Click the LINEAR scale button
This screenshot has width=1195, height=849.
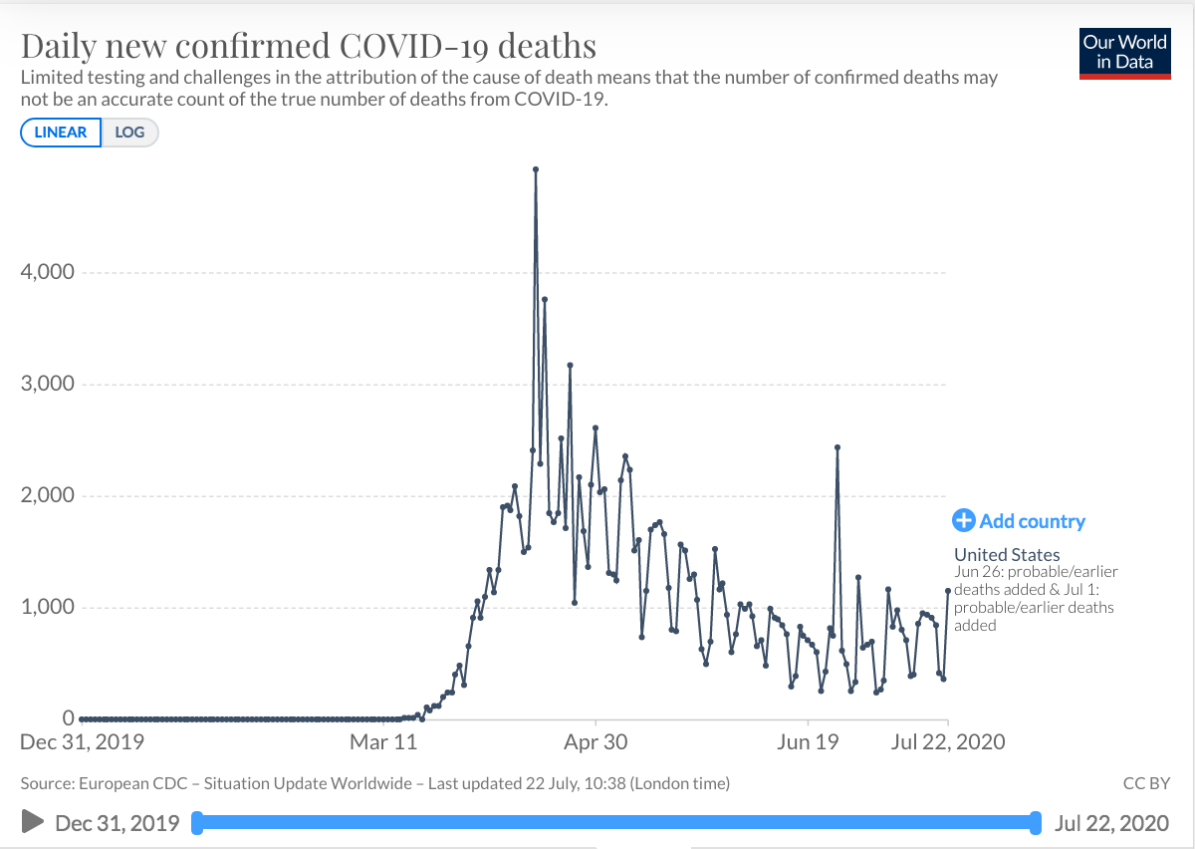[x=61, y=133]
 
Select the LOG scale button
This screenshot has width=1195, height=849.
[x=129, y=133]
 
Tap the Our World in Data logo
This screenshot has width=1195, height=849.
[x=1124, y=53]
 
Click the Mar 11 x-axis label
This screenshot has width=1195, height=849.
[x=383, y=741]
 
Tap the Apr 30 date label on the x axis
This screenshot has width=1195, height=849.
[x=596, y=741]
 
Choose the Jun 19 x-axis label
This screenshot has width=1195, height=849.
[x=808, y=741]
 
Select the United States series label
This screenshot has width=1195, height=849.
[x=1007, y=555]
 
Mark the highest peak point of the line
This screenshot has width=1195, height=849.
[x=536, y=169]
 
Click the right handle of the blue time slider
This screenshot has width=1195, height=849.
[x=1037, y=822]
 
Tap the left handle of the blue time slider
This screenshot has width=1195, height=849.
[x=196, y=822]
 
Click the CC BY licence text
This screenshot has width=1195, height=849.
[x=1145, y=784]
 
